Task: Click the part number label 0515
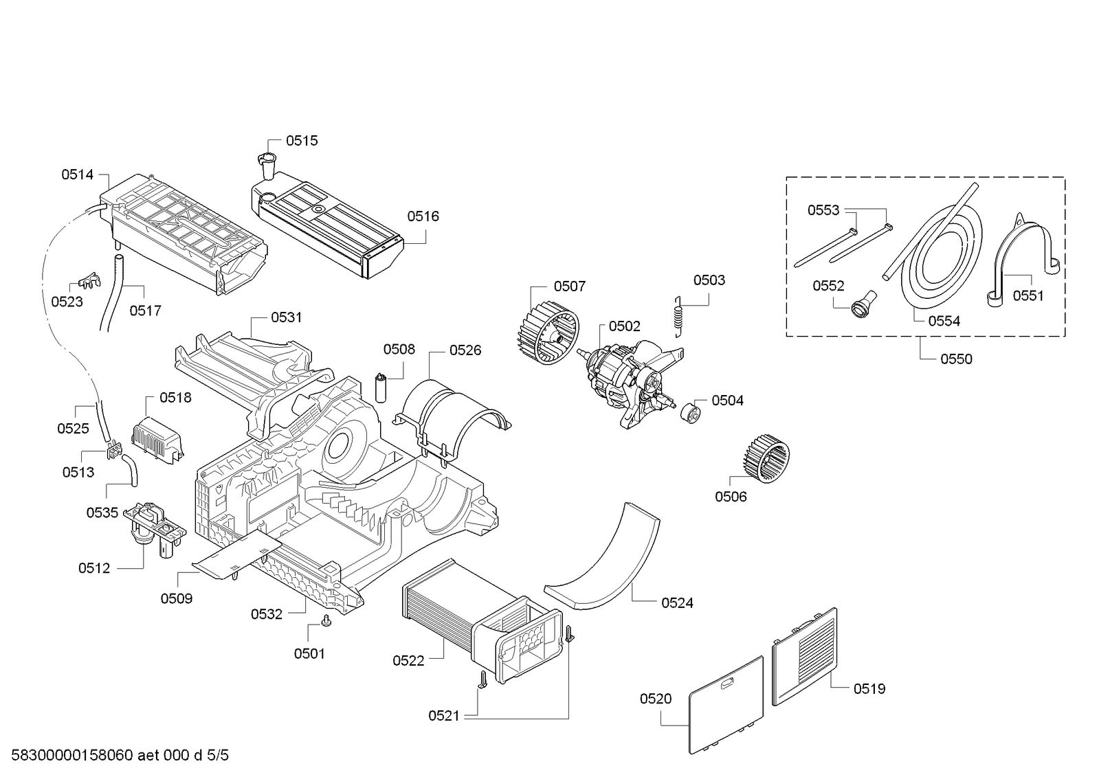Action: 302,141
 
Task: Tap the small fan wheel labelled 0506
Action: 767,455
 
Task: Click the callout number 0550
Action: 956,359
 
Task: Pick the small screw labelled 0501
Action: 326,622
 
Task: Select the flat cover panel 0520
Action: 726,704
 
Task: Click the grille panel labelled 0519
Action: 805,655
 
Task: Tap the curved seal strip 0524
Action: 605,560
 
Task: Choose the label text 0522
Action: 408,661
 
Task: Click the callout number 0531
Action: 286,317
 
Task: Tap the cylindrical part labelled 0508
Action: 380,387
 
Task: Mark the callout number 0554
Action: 944,321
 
